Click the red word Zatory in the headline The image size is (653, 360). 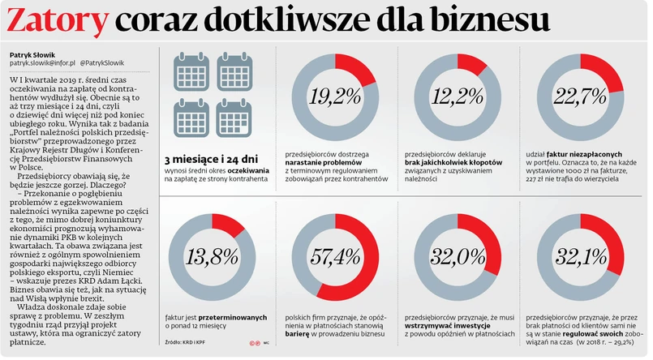[57, 23]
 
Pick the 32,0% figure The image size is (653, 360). [451, 257]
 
